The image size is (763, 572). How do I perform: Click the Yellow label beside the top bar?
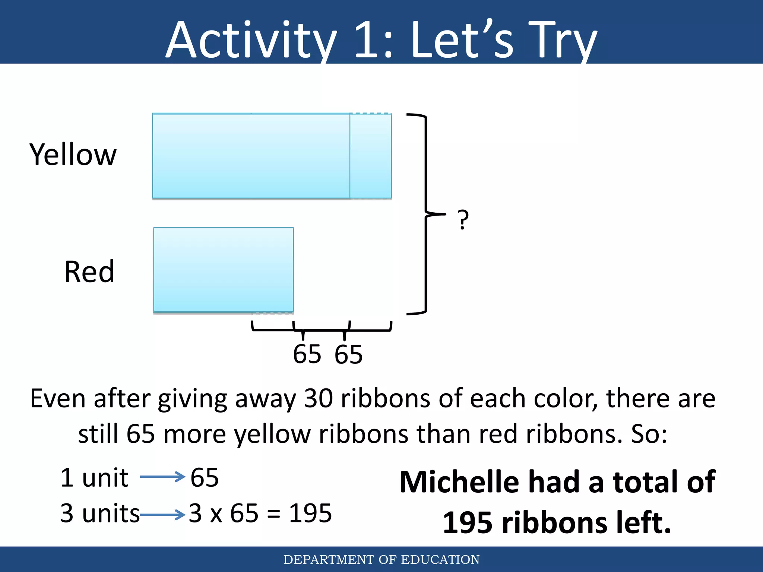73,155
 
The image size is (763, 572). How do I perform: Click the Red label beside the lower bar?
89,272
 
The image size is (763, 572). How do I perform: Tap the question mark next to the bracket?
463,219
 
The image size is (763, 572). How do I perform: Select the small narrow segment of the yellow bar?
371,156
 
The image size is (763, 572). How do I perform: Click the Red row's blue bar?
224,270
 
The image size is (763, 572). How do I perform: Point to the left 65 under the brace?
307,354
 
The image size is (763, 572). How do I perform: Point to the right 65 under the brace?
348,354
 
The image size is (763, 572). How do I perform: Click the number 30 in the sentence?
319,398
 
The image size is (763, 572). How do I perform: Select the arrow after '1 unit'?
162,477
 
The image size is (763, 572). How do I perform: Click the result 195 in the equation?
310,513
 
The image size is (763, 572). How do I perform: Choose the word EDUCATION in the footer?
440,560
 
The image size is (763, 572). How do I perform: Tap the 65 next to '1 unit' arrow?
205,477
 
